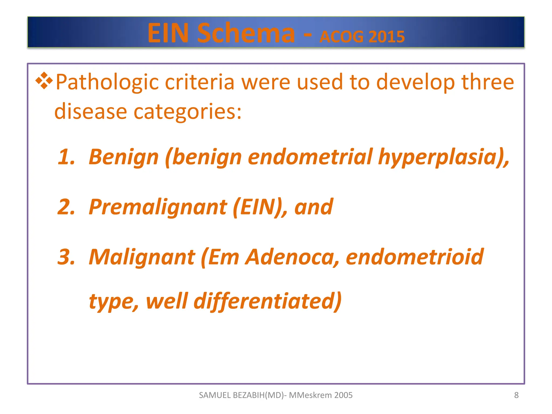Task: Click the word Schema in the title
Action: click(x=246, y=33)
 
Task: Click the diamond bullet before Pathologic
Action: click(x=44, y=81)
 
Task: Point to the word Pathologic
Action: click(x=107, y=82)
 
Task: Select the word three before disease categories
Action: click(x=488, y=82)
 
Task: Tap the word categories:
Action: click(x=188, y=112)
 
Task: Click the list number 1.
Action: click(x=66, y=157)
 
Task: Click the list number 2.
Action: click(x=66, y=207)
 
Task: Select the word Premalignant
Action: click(x=158, y=207)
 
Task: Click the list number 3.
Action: click(x=66, y=257)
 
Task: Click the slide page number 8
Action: click(x=516, y=395)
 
